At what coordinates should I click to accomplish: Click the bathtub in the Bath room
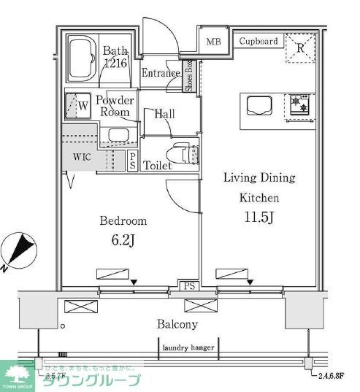coord(83,58)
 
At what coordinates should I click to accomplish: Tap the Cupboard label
coord(258,41)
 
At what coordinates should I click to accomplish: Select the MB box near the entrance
coord(213,42)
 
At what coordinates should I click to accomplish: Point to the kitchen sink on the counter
coord(258,105)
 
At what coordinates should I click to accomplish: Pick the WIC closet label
coord(82,157)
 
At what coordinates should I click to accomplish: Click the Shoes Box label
coord(188,76)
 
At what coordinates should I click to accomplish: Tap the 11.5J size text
coord(258,217)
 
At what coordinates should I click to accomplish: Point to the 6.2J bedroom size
coord(122,239)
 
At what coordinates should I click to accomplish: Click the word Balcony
coord(177,323)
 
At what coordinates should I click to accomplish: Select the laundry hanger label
coord(188,347)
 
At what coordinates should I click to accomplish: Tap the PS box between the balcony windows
coord(188,286)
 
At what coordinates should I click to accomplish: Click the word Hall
coord(164,113)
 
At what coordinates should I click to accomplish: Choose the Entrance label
coord(160,73)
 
